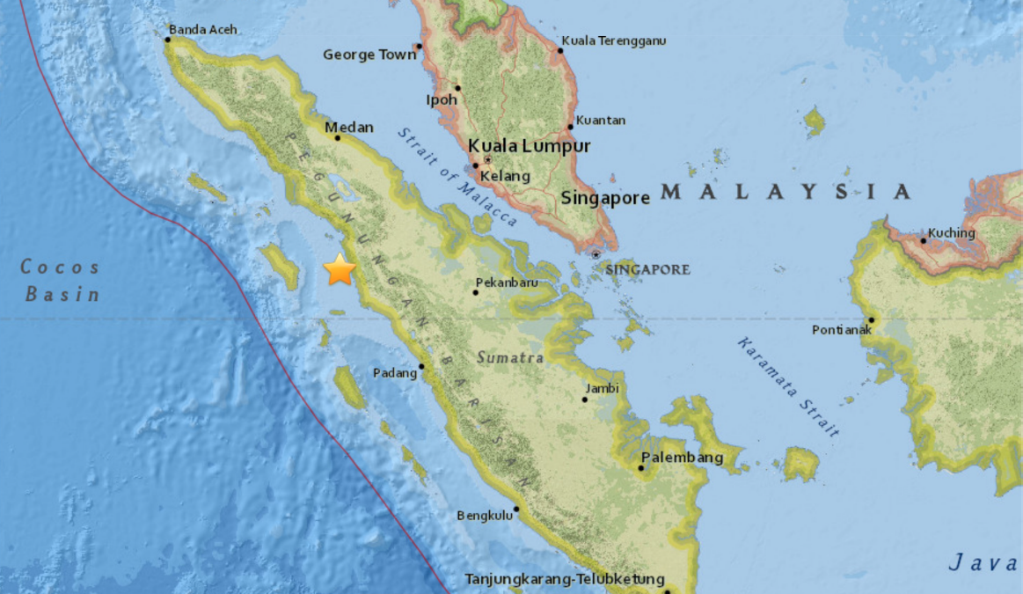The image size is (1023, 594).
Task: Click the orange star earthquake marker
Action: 340,270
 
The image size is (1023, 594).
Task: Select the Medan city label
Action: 349,128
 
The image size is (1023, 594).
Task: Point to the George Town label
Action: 369,55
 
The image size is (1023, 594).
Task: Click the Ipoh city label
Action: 442,100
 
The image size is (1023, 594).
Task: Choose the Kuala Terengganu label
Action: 614,40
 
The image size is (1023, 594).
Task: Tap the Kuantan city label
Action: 602,121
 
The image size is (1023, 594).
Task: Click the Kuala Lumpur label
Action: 529,146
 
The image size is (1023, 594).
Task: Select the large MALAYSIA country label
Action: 786,192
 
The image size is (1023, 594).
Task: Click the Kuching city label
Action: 953,233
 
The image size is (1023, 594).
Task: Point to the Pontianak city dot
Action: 871,320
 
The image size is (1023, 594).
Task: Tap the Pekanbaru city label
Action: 506,284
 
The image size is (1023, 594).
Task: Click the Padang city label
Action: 395,373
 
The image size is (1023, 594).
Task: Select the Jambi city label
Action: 603,388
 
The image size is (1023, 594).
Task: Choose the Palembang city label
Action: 682,458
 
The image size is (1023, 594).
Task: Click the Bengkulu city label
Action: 485,517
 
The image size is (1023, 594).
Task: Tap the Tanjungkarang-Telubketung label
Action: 562,580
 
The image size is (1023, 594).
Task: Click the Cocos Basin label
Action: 62,281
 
